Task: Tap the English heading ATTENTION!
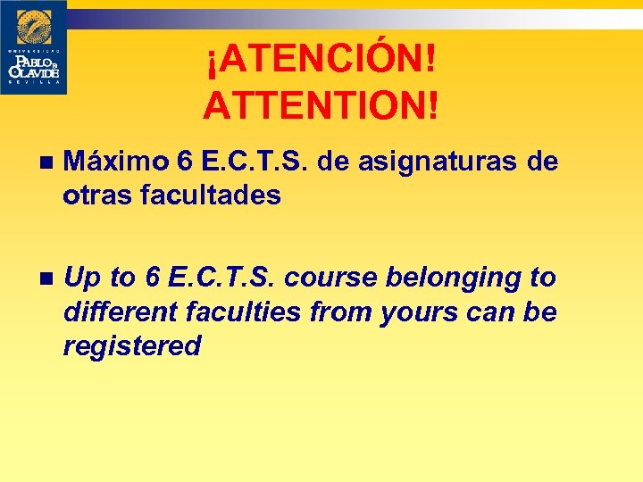click(321, 105)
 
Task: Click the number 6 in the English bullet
click(150, 278)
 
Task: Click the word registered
click(131, 345)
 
